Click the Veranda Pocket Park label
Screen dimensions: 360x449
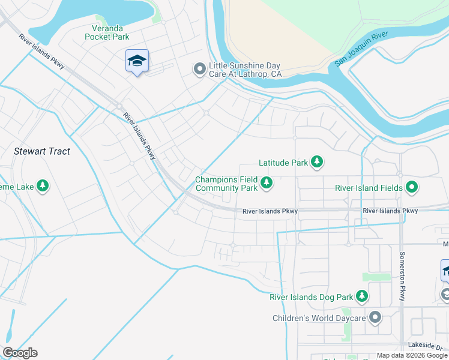pyautogui.click(x=107, y=32)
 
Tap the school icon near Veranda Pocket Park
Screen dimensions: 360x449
pyautogui.click(x=137, y=61)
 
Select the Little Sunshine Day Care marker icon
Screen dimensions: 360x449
pyautogui.click(x=199, y=70)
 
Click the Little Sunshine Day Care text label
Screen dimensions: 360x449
pyautogui.click(x=245, y=70)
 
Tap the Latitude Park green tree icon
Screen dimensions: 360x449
pyautogui.click(x=317, y=162)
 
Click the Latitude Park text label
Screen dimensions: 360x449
pyautogui.click(x=283, y=162)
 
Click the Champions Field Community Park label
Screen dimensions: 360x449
pyautogui.click(x=227, y=184)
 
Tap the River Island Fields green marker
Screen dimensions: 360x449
pyautogui.click(x=412, y=188)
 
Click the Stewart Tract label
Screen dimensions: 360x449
pyautogui.click(x=42, y=152)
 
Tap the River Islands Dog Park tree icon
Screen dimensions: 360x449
pyautogui.click(x=362, y=296)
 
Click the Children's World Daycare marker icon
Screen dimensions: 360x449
pyautogui.click(x=375, y=318)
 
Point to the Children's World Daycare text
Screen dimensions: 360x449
pyautogui.click(x=319, y=318)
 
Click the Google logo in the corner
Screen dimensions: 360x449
pyautogui.click(x=20, y=353)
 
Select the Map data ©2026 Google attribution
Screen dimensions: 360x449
pyautogui.click(x=412, y=356)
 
